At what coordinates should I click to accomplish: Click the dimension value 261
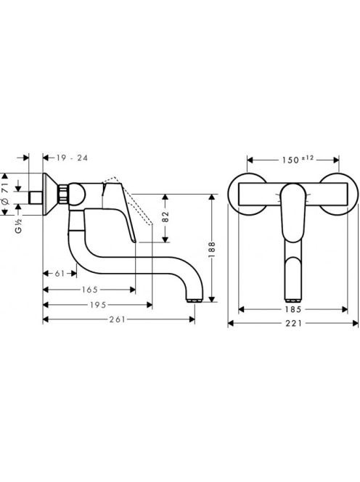(x=117, y=319)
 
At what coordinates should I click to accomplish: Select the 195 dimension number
(x=98, y=305)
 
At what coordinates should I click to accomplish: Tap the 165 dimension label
(x=90, y=290)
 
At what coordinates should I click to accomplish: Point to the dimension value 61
(x=60, y=273)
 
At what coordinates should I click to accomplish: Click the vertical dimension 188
(x=212, y=250)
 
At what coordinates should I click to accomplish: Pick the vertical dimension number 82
(x=165, y=217)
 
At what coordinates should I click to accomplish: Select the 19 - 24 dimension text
(x=72, y=158)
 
